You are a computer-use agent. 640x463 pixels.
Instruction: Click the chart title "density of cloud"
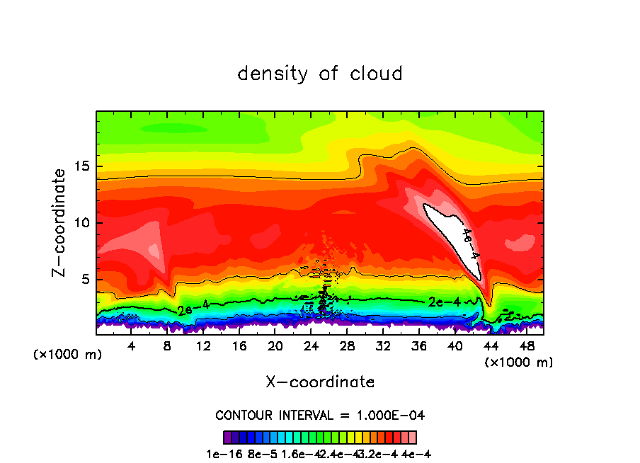pos(320,74)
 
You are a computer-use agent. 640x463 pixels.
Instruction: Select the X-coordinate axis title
pos(320,382)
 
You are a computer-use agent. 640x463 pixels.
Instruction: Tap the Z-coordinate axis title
pos(60,222)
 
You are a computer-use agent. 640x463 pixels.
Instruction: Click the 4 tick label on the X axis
pos(132,345)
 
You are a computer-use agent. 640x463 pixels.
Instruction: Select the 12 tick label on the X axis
pos(203,345)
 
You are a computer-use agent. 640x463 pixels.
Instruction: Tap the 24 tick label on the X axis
pos(311,345)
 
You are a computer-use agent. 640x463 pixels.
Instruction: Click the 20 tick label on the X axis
pos(275,345)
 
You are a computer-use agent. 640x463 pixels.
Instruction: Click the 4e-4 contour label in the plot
pos(470,244)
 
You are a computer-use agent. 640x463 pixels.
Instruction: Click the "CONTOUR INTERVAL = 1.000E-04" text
pos(320,415)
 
